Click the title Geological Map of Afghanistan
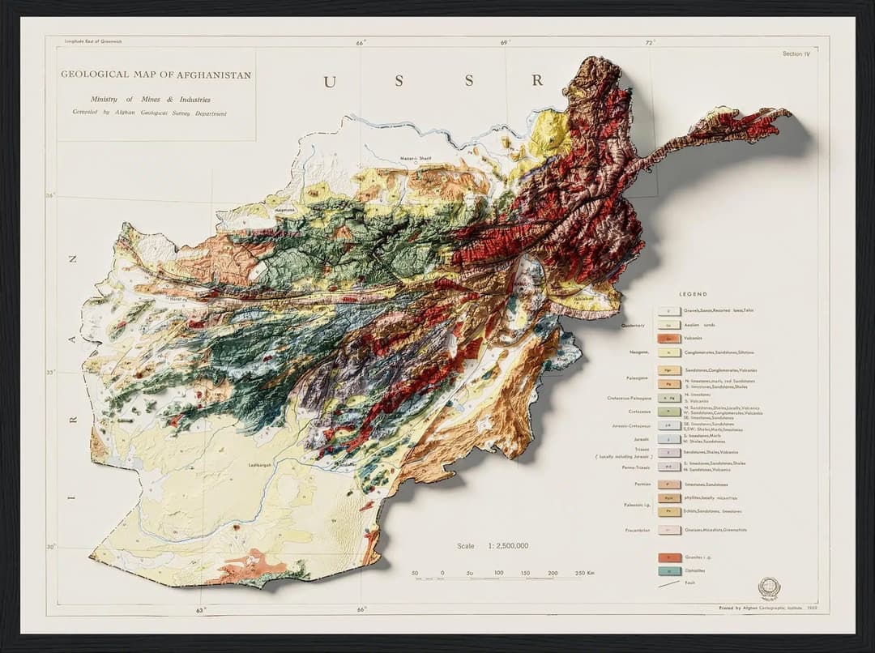point(156,75)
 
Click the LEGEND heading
point(693,294)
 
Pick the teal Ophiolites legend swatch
point(668,571)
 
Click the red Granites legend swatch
point(668,557)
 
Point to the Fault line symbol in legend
point(668,583)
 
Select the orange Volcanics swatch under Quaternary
point(668,338)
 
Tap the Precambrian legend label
point(635,530)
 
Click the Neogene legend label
point(640,352)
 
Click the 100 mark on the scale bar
point(498,573)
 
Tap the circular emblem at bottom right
point(768,587)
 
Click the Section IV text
point(796,53)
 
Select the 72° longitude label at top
point(650,42)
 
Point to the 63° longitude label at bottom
point(203,609)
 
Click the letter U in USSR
point(329,81)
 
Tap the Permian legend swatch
point(668,484)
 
